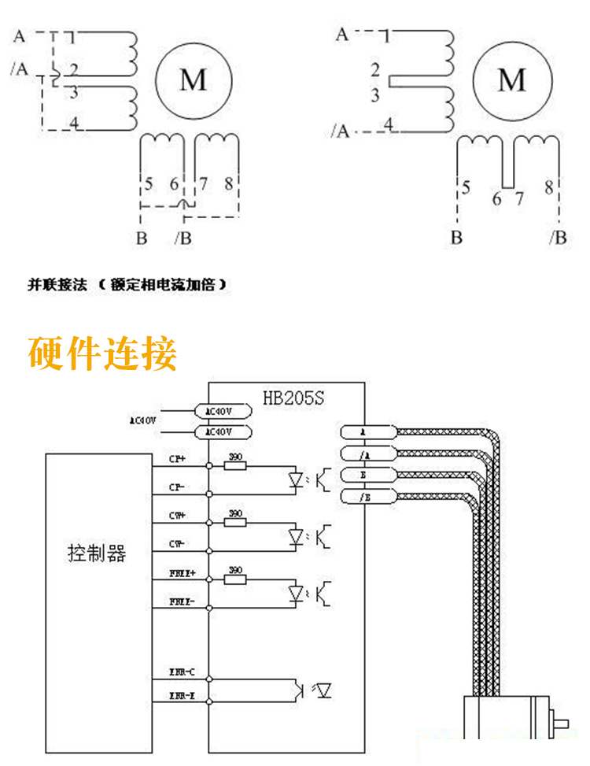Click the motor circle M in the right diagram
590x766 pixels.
512,80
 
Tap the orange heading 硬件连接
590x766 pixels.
102,353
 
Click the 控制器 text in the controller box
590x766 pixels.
97,553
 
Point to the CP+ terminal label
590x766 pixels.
177,458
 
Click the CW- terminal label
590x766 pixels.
177,544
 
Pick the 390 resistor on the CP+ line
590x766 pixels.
235,465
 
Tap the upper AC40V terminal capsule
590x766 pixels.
223,411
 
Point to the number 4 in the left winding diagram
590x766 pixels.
73,123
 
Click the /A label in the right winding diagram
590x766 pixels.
341,131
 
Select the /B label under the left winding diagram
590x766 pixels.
182,238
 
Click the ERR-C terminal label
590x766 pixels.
176,672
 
